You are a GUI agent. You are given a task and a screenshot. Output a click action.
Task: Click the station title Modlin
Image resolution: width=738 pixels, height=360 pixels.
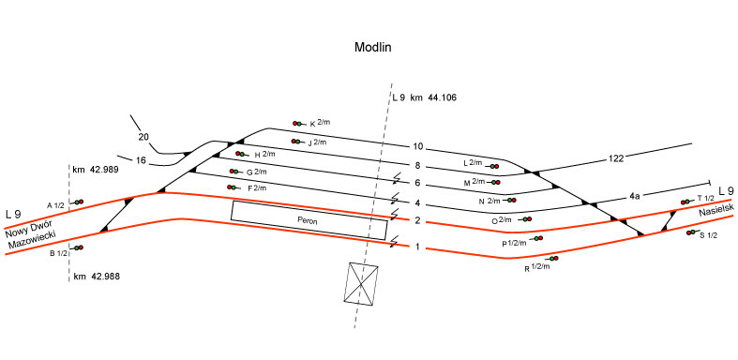click(373, 48)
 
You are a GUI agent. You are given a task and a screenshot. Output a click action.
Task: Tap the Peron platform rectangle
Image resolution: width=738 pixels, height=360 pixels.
click(309, 220)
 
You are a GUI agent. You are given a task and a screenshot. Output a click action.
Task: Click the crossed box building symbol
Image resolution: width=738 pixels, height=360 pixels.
click(361, 283)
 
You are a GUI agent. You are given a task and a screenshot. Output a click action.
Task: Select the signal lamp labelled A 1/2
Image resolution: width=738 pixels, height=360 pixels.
click(79, 202)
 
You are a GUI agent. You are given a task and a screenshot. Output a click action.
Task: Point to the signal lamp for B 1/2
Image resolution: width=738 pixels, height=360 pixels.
click(79, 247)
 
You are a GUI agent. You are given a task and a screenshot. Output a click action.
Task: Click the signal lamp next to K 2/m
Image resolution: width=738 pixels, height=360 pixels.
click(297, 124)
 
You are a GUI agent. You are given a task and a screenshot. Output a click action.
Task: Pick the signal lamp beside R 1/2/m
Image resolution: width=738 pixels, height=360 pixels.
click(554, 259)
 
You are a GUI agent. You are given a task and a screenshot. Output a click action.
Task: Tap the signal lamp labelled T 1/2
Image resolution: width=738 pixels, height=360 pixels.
click(685, 202)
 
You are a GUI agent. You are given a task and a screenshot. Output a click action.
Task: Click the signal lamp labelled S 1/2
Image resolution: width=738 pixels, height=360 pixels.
click(691, 232)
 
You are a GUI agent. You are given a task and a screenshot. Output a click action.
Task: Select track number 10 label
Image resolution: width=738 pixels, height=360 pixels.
click(418, 147)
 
